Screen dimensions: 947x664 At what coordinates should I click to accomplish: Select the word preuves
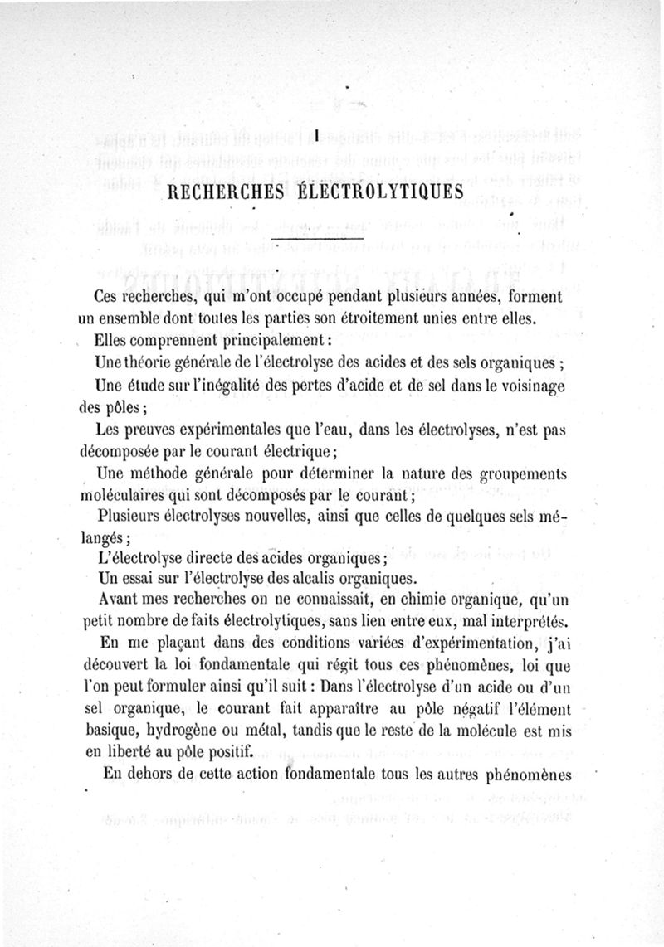(147, 430)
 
